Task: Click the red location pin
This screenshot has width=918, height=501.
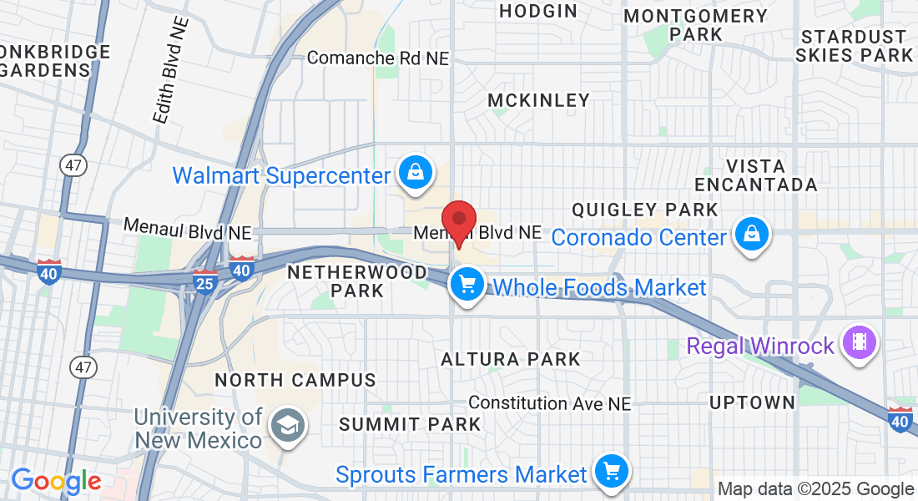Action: (458, 223)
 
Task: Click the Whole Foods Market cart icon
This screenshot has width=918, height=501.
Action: (467, 285)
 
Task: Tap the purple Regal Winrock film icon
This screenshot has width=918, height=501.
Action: (858, 342)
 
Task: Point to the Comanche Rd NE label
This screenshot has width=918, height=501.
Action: (378, 58)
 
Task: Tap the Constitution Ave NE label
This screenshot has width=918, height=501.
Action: (550, 403)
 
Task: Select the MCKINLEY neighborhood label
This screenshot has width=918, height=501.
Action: (538, 100)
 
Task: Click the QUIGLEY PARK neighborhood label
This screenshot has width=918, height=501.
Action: (645, 209)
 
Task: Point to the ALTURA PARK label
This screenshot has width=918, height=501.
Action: (511, 360)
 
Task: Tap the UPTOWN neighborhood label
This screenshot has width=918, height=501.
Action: (752, 402)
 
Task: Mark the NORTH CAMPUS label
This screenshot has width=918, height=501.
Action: (295, 380)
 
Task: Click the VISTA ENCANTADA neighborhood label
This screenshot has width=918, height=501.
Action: (755, 175)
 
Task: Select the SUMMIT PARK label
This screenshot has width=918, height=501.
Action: (411, 424)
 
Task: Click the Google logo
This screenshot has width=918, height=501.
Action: (56, 481)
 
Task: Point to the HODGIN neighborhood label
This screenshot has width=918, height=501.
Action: (538, 11)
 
